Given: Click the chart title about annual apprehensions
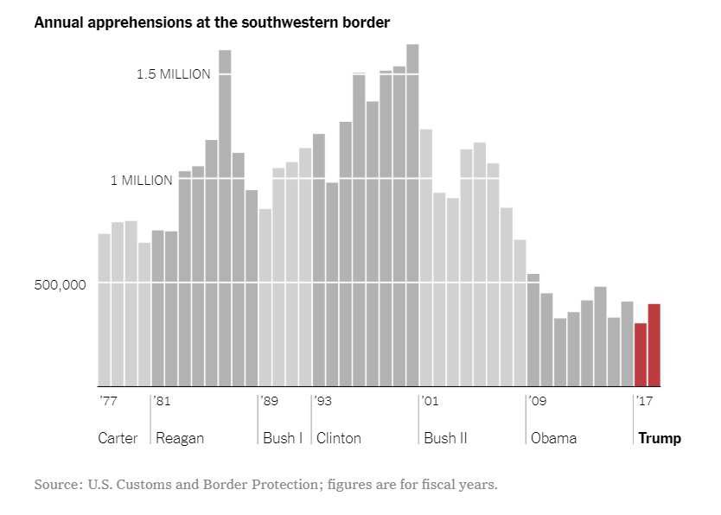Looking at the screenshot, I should [212, 22].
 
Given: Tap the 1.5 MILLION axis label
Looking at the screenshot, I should [173, 74].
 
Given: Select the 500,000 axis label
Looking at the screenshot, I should [61, 285].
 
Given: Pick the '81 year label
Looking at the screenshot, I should [162, 401].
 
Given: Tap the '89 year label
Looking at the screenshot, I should [269, 401].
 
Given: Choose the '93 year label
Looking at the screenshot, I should [322, 401].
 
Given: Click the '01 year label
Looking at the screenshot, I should [430, 401].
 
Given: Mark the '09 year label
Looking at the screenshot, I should [537, 401].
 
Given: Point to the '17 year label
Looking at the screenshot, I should [644, 401].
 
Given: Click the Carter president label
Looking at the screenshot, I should [118, 438].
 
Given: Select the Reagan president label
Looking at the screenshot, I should [180, 438].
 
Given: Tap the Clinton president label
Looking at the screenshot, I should [339, 438].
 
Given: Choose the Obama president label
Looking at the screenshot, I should [553, 438].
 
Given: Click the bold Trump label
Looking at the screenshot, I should [660, 438].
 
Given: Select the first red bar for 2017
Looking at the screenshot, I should [641, 354].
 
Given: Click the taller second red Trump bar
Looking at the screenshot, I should [654, 345].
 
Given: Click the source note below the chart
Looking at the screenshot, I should [265, 484].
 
